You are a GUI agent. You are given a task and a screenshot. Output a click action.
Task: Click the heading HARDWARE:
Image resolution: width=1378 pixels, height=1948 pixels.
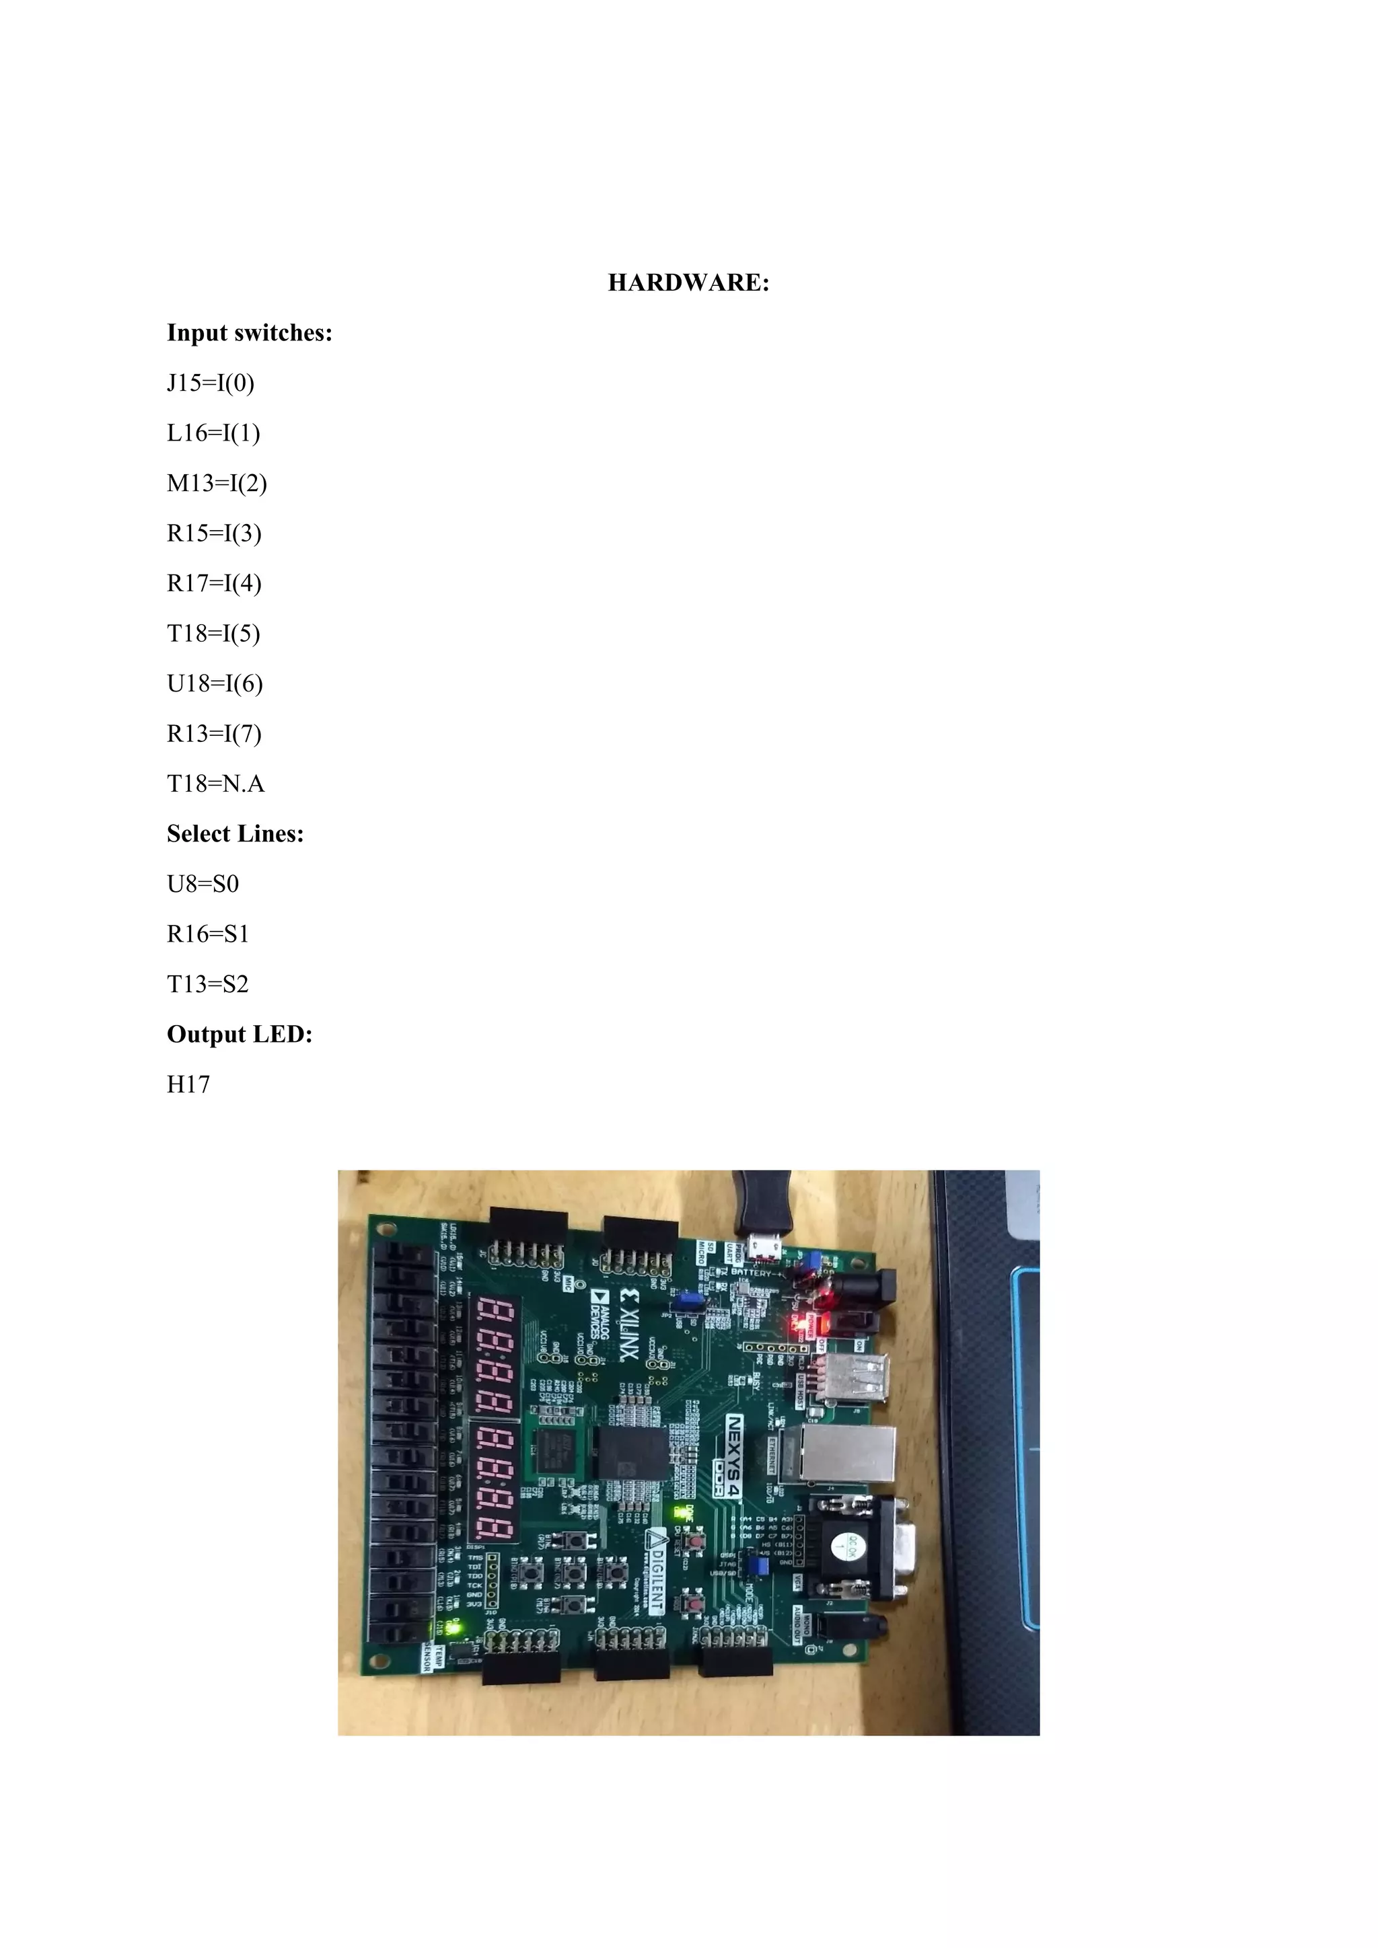pyautogui.click(x=688, y=283)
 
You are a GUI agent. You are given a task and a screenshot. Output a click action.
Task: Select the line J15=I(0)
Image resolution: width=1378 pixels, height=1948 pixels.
pyautogui.click(x=211, y=383)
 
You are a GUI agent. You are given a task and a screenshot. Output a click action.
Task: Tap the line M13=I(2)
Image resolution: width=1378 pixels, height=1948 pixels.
pyautogui.click(x=217, y=484)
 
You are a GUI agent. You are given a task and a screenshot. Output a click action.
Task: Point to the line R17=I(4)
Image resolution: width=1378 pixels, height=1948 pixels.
pyautogui.click(x=214, y=584)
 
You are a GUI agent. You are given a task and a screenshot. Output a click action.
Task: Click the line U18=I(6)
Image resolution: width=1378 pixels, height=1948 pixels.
pyautogui.click(x=215, y=684)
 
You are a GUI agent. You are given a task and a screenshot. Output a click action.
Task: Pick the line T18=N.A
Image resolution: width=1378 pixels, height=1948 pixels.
pyautogui.click(x=215, y=784)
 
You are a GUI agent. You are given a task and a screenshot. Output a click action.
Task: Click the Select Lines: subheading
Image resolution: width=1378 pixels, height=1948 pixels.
pyautogui.click(x=235, y=834)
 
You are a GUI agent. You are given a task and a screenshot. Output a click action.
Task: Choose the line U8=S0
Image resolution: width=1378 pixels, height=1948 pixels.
pyautogui.click(x=203, y=884)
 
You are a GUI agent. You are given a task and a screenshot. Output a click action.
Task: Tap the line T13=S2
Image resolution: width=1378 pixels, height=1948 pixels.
pyautogui.click(x=208, y=984)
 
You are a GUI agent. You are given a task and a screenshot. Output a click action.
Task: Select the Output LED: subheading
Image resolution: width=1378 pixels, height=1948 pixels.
pyautogui.click(x=240, y=1035)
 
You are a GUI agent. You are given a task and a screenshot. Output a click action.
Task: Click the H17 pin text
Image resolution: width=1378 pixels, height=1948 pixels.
pyautogui.click(x=188, y=1084)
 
